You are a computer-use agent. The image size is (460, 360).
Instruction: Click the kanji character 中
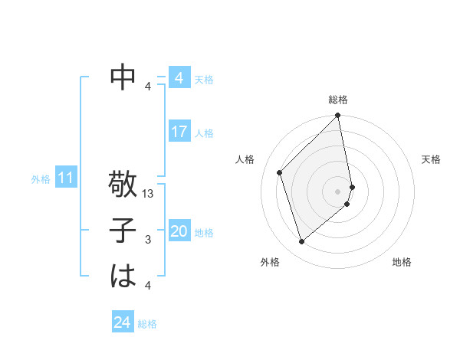click(123, 77)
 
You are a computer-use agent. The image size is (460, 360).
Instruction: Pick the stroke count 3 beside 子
click(148, 240)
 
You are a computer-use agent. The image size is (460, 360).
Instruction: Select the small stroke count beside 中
click(148, 86)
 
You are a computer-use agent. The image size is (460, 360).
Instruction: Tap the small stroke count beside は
click(148, 285)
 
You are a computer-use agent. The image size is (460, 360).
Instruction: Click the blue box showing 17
click(179, 132)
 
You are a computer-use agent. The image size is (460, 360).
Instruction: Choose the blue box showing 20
click(179, 231)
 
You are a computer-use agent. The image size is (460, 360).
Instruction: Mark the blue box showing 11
click(65, 178)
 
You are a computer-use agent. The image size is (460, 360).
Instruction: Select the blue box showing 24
click(122, 322)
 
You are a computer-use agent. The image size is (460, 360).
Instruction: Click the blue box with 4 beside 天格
click(179, 78)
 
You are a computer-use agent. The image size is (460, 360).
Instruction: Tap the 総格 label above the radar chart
click(338, 100)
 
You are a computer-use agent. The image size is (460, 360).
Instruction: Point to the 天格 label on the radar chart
click(431, 159)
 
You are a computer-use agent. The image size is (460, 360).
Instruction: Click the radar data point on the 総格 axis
click(338, 116)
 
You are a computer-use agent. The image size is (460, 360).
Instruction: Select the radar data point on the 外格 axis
click(302, 242)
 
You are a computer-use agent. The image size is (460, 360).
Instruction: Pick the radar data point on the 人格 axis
click(280, 172)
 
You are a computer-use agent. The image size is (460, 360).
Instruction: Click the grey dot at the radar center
click(338, 191)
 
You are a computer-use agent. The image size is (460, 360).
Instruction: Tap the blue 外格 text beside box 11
click(41, 179)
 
